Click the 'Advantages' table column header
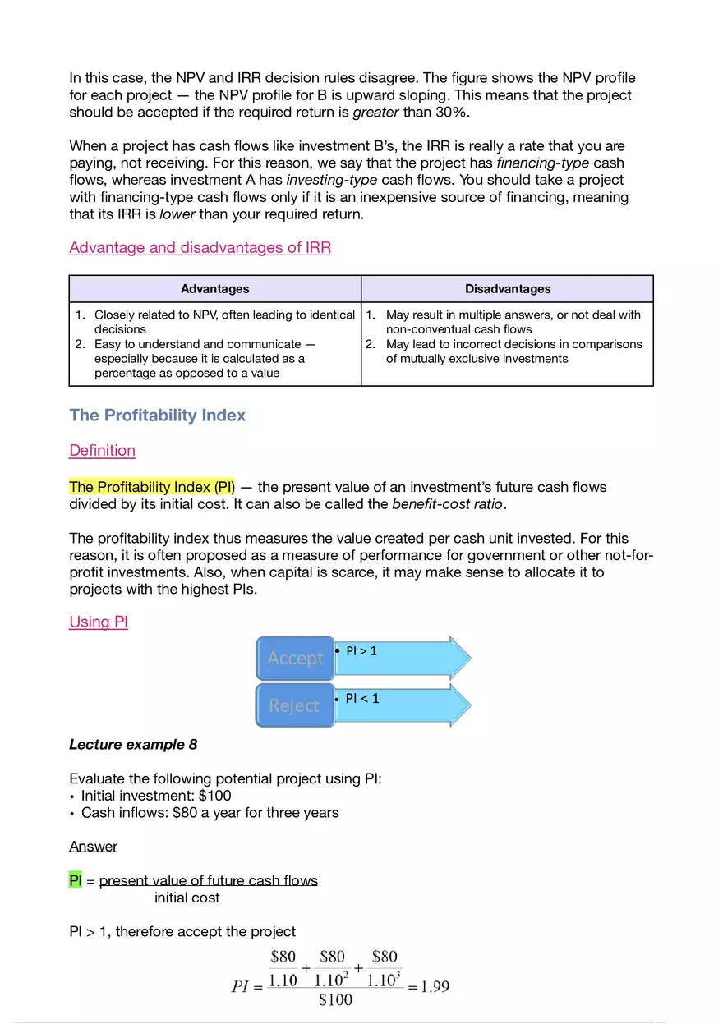click(214, 289)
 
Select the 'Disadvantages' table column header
click(507, 289)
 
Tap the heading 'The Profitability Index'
click(158, 416)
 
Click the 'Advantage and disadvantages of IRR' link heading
click(200, 248)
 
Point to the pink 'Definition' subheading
click(102, 451)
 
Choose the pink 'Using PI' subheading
click(99, 622)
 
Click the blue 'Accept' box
click(296, 659)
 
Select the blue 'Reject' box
click(294, 706)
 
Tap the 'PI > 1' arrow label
click(361, 651)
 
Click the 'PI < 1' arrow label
click(362, 699)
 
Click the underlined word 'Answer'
click(93, 847)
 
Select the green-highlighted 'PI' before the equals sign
click(76, 881)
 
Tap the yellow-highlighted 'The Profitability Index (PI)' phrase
click(152, 488)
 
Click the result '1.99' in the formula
click(435, 987)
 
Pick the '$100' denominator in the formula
click(335, 999)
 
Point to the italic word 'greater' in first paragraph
click(375, 113)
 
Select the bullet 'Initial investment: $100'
click(156, 796)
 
